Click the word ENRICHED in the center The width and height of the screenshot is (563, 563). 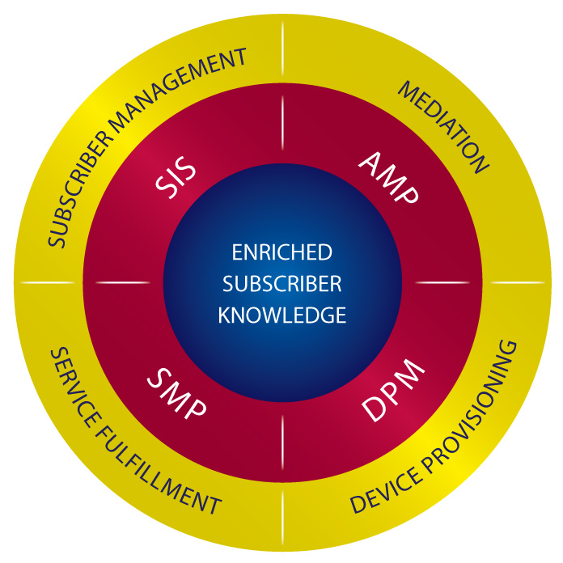click(x=281, y=252)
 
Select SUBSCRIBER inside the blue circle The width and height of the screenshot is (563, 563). click(x=281, y=284)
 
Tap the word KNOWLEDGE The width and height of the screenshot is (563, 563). click(x=281, y=315)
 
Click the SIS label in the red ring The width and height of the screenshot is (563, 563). click(x=176, y=177)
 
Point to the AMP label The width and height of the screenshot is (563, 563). click(x=389, y=177)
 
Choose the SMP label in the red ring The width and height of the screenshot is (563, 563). click(x=176, y=393)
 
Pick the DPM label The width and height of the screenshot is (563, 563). click(x=393, y=390)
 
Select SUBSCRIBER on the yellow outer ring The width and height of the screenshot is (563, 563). click(x=80, y=189)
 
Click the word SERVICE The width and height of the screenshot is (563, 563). click(x=76, y=387)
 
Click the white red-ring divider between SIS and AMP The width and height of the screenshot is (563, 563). click(x=282, y=123)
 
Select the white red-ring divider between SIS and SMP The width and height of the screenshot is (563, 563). click(x=123, y=282)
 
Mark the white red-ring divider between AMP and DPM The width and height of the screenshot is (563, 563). click(x=442, y=282)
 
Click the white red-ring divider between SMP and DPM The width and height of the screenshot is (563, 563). click(x=282, y=442)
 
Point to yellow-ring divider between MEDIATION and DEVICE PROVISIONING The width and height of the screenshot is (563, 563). click(x=518, y=282)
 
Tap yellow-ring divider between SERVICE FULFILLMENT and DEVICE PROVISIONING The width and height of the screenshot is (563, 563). click(x=282, y=518)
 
